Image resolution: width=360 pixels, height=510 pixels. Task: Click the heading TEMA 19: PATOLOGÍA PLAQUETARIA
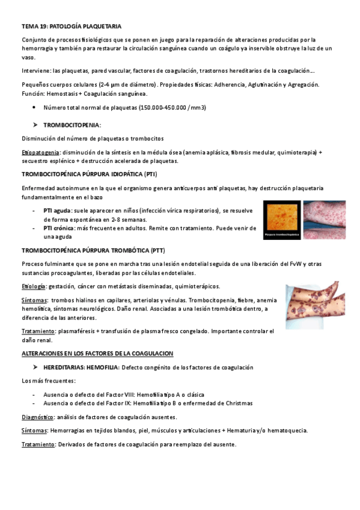click(72, 26)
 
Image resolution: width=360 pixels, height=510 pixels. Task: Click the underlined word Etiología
click(33, 286)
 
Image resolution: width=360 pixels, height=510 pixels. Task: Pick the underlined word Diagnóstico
click(38, 417)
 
